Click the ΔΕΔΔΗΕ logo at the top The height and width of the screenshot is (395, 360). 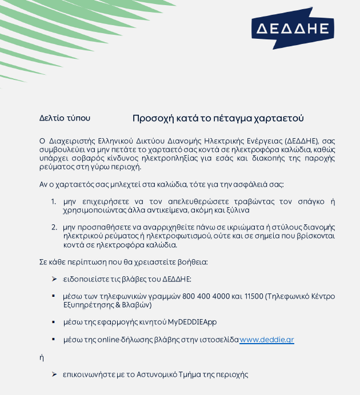pyautogui.click(x=293, y=29)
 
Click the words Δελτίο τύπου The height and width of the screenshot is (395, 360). pyautogui.click(x=65, y=118)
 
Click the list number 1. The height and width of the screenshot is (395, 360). pyautogui.click(x=53, y=201)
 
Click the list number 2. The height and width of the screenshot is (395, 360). pyautogui.click(x=53, y=227)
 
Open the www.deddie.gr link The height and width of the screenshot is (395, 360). pyautogui.click(x=267, y=340)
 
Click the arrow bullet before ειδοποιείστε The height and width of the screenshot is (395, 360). pyautogui.click(x=54, y=279)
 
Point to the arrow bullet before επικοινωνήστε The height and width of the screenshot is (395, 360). pyautogui.click(x=54, y=374)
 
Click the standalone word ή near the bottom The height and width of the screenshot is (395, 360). pyautogui.click(x=42, y=357)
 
